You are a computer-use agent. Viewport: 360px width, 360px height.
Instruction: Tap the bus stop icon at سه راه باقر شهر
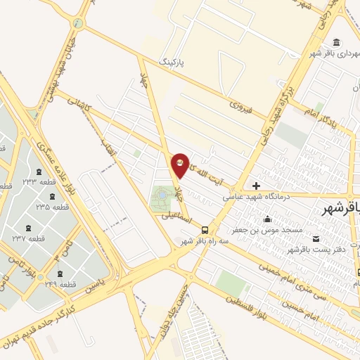(x=205, y=229)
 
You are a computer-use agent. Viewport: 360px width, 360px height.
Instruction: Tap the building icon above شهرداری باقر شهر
(x=337, y=41)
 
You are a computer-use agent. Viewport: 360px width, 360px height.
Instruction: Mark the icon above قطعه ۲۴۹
(x=59, y=273)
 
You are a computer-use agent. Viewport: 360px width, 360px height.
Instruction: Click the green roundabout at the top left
(x=77, y=23)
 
